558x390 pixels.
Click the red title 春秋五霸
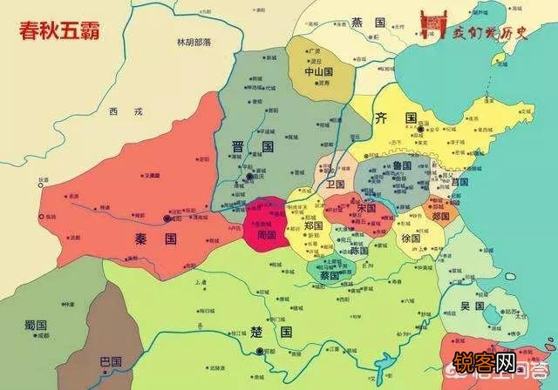tap(59, 28)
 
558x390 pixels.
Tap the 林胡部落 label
tap(194, 41)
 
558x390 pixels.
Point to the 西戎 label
tap(117, 111)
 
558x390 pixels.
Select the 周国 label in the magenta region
tap(265, 234)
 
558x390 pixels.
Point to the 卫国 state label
tap(336, 185)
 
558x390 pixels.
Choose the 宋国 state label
tap(365, 209)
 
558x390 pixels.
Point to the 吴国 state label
tap(473, 307)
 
